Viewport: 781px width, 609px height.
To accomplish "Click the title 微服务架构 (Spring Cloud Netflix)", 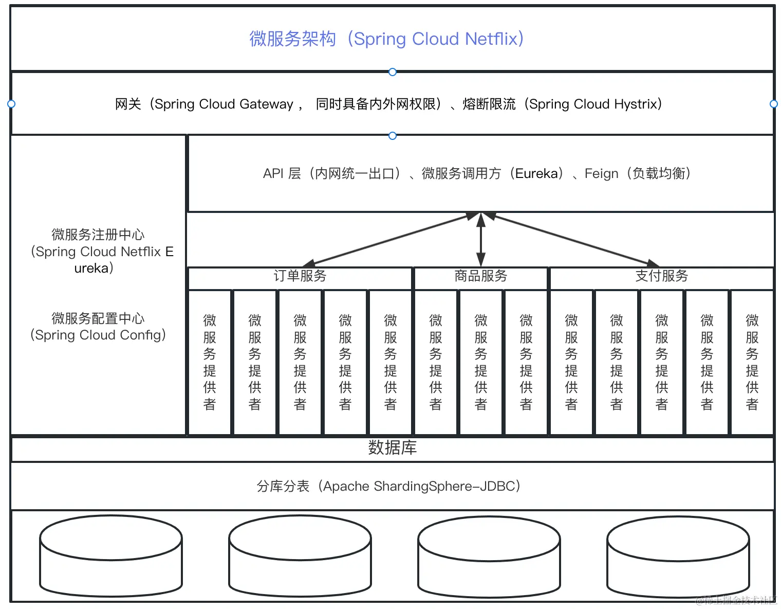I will (x=386, y=39).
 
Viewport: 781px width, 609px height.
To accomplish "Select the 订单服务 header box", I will (x=300, y=277).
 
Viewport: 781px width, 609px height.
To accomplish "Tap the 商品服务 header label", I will (x=480, y=277).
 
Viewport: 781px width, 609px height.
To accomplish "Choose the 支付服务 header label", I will (x=661, y=277).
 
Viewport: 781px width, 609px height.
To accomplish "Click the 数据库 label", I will (x=392, y=448).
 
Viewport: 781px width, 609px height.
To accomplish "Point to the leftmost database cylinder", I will (x=111, y=556).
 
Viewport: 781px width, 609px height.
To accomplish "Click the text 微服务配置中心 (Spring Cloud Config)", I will (x=98, y=327).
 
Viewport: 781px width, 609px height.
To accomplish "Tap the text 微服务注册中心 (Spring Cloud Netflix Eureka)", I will (x=98, y=251).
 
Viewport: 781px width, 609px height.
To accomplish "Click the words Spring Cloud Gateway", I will (x=224, y=104).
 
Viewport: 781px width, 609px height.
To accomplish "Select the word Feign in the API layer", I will (x=601, y=174).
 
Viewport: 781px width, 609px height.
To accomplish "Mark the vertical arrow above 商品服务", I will (x=481, y=239).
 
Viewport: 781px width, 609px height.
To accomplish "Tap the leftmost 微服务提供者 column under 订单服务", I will (x=210, y=362).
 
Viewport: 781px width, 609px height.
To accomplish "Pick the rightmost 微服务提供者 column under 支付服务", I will (x=752, y=362).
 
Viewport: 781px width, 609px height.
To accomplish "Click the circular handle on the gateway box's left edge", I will (x=11, y=104).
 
